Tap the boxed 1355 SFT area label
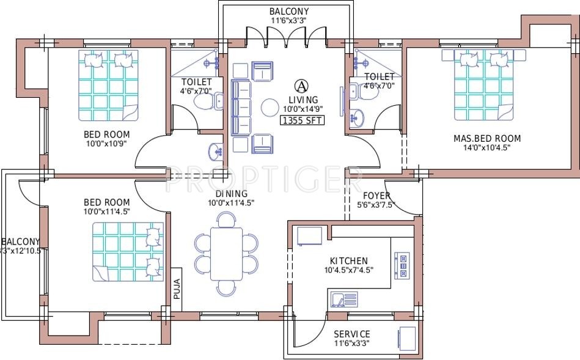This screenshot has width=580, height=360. click(x=302, y=120)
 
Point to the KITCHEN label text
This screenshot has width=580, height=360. click(x=348, y=260)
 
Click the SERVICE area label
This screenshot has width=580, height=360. click(x=351, y=334)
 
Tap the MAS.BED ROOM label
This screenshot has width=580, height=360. click(x=486, y=139)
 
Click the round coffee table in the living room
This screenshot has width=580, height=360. click(x=270, y=108)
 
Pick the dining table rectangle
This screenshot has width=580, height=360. click(x=226, y=253)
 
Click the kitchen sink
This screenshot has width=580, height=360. click(x=344, y=299)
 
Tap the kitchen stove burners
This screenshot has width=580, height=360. click(x=403, y=263)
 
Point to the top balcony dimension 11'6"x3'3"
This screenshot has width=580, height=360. click(x=289, y=20)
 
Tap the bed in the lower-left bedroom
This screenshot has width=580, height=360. click(x=128, y=251)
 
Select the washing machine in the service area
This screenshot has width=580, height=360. click(x=406, y=339)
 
